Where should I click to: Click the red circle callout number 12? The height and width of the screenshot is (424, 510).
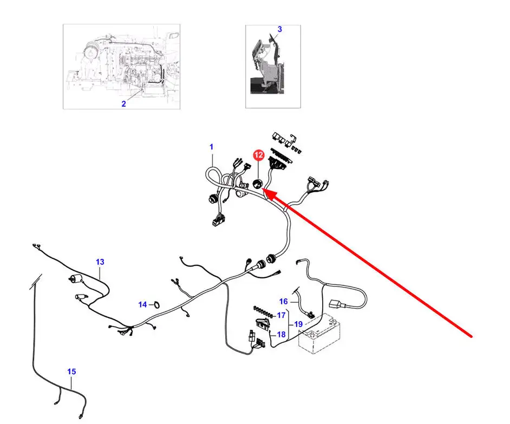pos(259,155)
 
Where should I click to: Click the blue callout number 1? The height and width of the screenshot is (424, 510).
pos(212,147)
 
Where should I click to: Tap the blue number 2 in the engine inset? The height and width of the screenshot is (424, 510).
pos(123,103)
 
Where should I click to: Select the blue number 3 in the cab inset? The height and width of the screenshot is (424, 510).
pos(279,29)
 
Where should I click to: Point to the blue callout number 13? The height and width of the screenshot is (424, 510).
pos(100,262)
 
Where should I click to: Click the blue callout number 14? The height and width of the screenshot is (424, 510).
pos(142,304)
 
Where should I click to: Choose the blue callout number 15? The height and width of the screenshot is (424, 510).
pos(71,371)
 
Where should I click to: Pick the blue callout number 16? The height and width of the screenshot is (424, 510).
pos(284,302)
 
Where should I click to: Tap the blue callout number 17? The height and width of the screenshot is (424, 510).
pos(281,315)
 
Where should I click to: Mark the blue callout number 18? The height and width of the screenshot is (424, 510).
pos(281,335)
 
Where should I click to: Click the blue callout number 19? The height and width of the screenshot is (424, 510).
pos(298,324)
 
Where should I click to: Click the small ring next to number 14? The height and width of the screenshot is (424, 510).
pos(156,304)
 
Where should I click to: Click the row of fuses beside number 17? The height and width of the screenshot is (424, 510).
pos(262,311)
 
